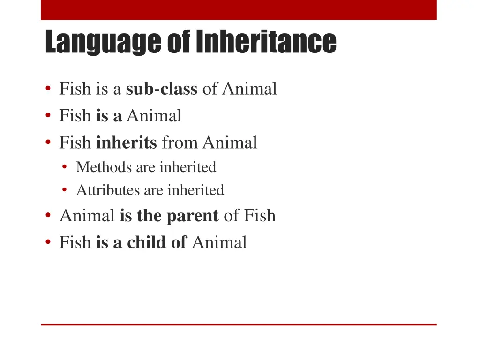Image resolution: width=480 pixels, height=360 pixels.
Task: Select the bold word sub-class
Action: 161,89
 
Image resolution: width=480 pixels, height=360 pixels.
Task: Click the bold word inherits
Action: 126,142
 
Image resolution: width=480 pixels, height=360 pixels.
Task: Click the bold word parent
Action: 193,216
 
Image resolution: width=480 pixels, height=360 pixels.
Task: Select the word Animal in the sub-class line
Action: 249,89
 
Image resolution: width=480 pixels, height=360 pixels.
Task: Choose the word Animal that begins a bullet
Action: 87,216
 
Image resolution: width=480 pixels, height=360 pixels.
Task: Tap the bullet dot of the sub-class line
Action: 48,89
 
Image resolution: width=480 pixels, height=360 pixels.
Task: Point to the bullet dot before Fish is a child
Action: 48,243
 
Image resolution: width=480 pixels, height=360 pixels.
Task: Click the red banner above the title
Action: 239,10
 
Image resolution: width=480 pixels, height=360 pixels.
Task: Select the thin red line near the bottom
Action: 239,324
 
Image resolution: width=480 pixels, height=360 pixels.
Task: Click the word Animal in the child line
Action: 219,242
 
